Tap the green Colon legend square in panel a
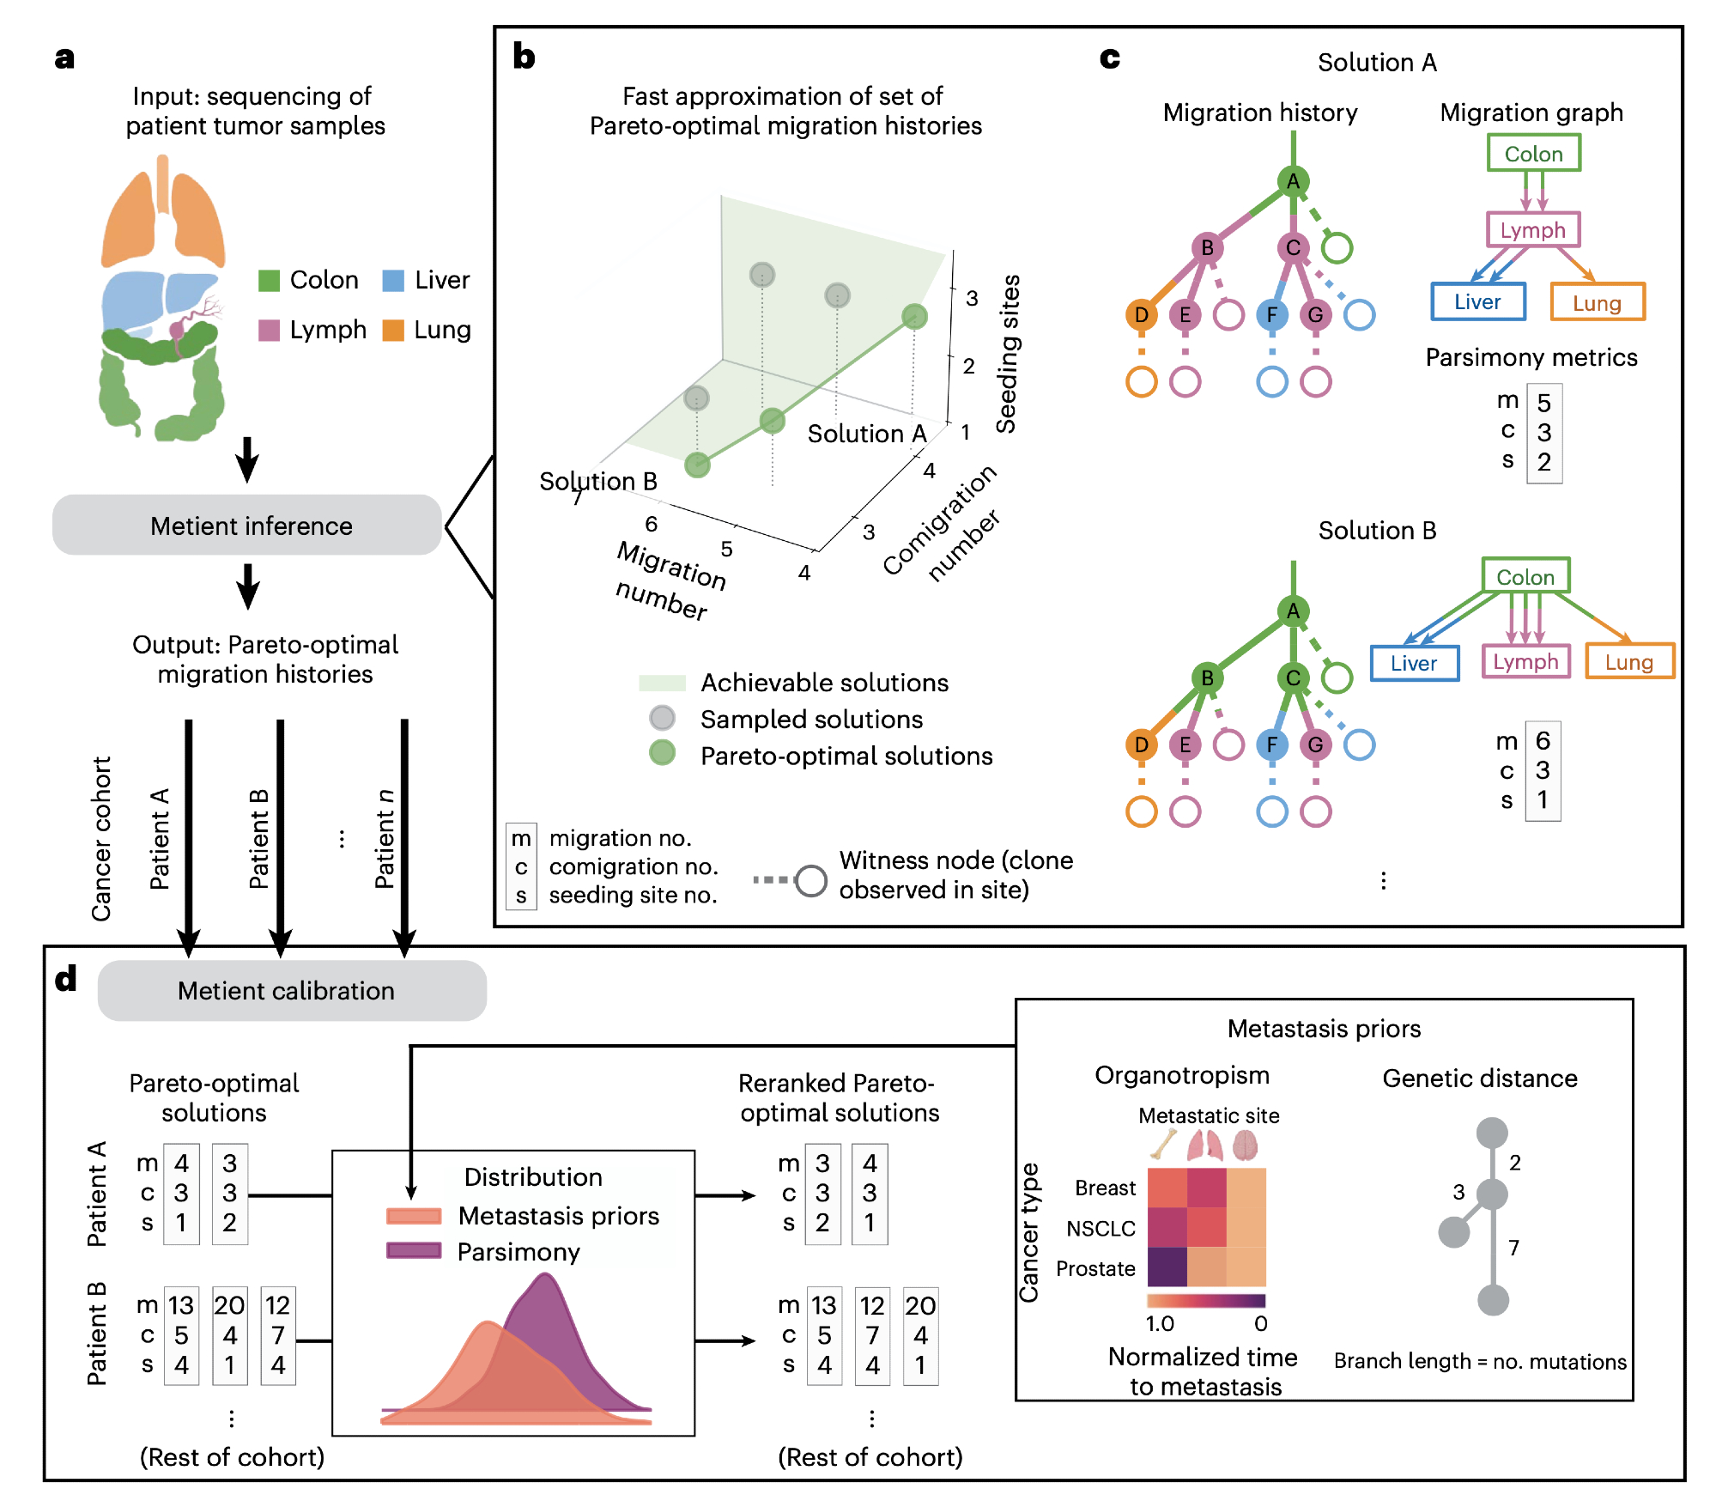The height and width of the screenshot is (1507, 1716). tap(269, 280)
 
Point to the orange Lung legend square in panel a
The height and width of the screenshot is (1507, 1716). tap(393, 330)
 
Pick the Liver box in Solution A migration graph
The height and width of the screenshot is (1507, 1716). tap(1477, 301)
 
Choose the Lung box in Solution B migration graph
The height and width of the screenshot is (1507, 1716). tap(1628, 662)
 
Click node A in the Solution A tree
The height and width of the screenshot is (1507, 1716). tap(1293, 181)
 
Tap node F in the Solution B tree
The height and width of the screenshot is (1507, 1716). tap(1271, 744)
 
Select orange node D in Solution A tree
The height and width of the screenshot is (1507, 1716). tap(1141, 315)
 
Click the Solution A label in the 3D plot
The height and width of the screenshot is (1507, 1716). tap(867, 434)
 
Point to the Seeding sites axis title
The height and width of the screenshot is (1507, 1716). tap(1008, 354)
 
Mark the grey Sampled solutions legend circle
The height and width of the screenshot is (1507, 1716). tap(662, 718)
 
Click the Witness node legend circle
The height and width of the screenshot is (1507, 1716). tap(810, 880)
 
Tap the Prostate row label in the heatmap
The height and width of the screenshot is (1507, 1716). tap(1095, 1268)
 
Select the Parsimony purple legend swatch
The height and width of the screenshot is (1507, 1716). tap(414, 1251)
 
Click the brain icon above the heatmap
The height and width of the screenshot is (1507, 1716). tap(1245, 1145)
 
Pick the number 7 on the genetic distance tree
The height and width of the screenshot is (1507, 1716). tap(1514, 1247)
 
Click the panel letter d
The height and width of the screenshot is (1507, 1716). tap(66, 979)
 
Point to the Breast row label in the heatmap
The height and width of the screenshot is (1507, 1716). tap(1105, 1188)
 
